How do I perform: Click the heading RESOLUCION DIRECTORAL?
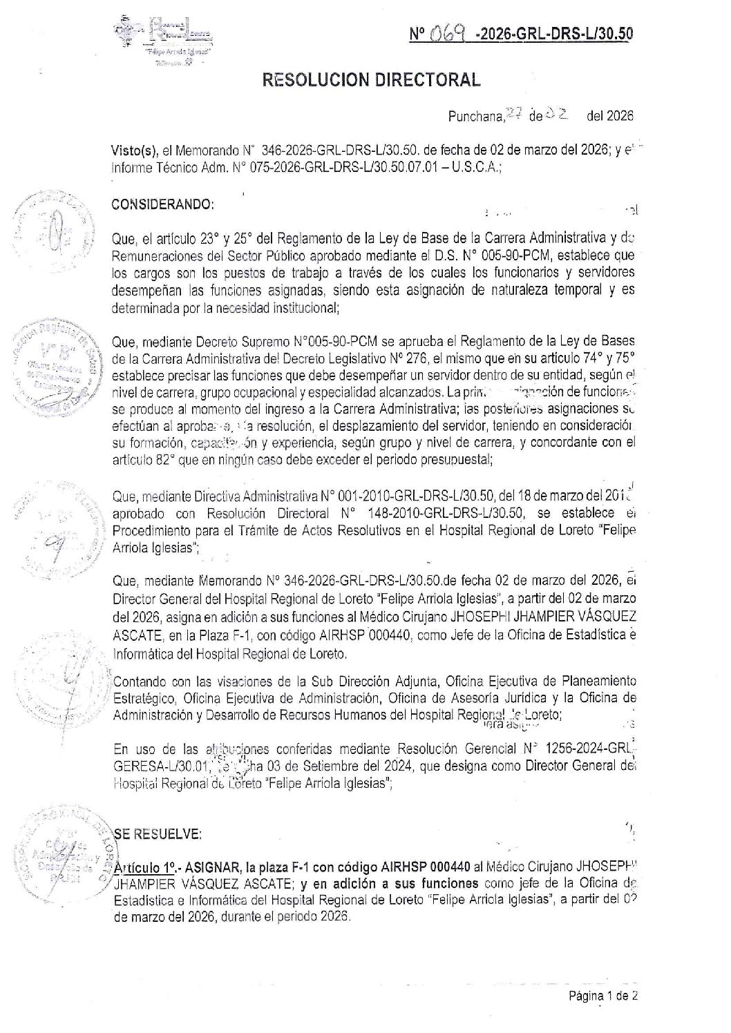click(372, 80)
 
